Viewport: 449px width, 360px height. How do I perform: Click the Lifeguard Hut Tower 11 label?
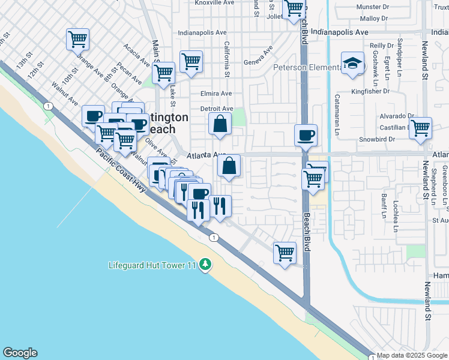tap(152, 265)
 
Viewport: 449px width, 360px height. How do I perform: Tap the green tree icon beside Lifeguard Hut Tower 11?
tap(205, 264)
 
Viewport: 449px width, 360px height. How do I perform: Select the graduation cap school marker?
tap(352, 63)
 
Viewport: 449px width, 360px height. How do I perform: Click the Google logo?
tap(20, 353)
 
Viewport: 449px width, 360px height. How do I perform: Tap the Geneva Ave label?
tap(258, 55)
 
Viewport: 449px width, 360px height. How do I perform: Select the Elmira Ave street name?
tap(216, 94)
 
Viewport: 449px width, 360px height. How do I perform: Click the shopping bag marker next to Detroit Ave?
tap(220, 124)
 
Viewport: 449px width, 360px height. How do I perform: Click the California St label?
tap(227, 59)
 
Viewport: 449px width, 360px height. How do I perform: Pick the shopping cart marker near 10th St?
tap(78, 40)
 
